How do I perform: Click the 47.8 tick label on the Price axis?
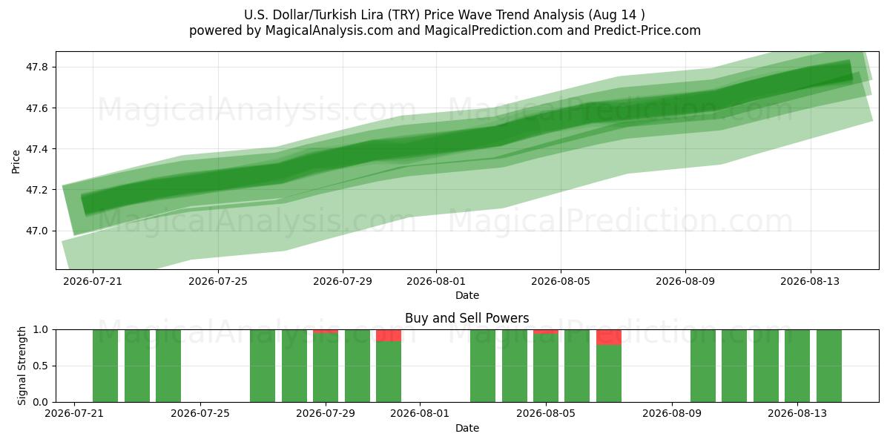[x=36, y=67]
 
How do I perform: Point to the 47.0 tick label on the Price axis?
[x=36, y=231]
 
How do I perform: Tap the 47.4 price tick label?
[x=36, y=149]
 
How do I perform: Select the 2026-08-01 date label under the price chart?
[x=436, y=281]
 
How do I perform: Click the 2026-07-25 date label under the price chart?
[x=218, y=281]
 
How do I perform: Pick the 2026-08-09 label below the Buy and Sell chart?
[x=672, y=413]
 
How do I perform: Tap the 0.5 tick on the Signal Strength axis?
[x=40, y=366]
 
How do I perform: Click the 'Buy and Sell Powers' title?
[x=467, y=318]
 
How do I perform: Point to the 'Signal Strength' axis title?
[x=22, y=366]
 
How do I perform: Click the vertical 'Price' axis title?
[x=16, y=162]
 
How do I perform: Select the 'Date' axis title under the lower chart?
[x=467, y=428]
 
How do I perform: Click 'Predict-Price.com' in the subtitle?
[x=647, y=30]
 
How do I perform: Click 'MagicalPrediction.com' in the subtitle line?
[x=493, y=30]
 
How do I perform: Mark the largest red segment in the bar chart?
[x=609, y=337]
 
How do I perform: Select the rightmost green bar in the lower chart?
[x=829, y=366]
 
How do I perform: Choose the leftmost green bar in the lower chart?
[x=105, y=366]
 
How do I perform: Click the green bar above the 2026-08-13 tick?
[x=797, y=366]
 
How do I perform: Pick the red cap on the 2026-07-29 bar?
[x=326, y=332]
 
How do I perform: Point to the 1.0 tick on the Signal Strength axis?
[x=40, y=329]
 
